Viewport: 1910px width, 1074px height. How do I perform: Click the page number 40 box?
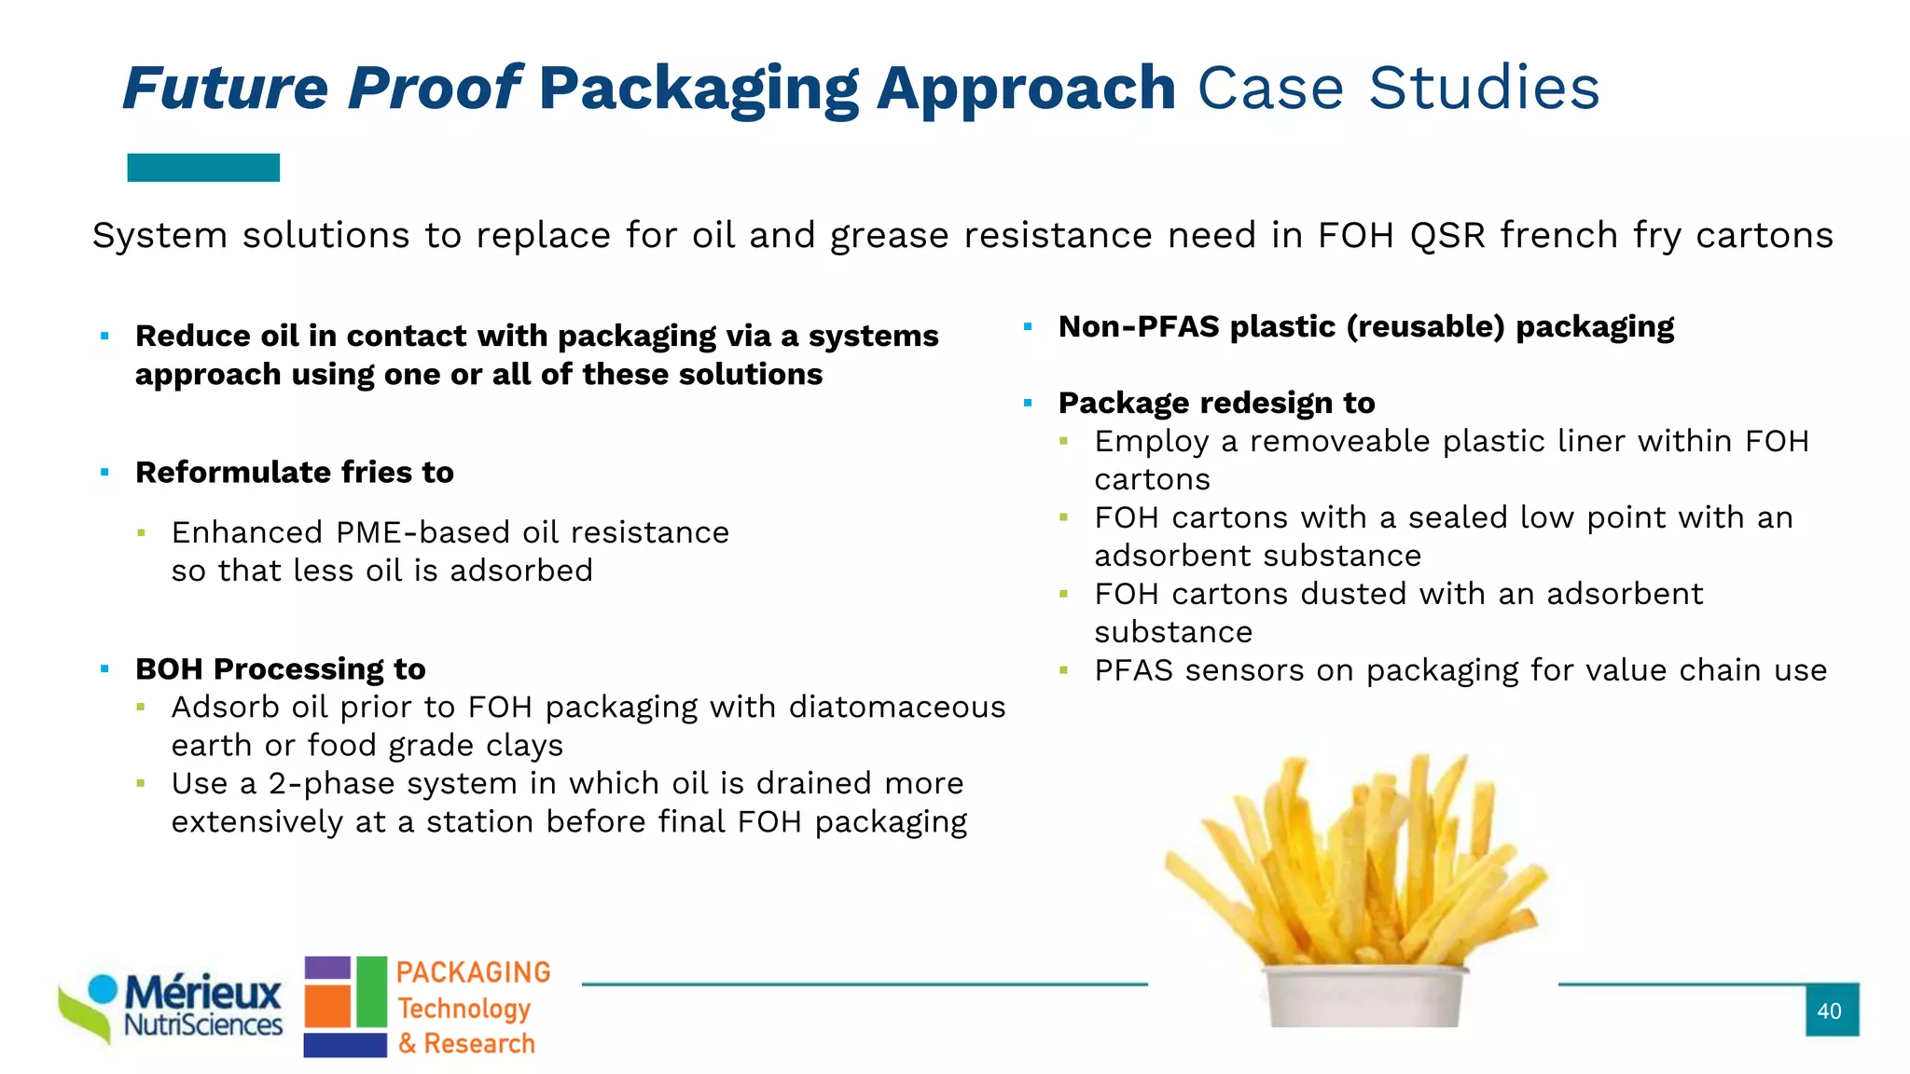(1831, 1010)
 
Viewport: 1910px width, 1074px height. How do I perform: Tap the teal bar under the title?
(203, 168)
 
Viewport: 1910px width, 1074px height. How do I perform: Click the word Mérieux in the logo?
(202, 993)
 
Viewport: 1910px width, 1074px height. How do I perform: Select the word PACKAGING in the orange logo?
(473, 972)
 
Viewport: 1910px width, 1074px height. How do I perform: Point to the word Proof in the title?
(434, 89)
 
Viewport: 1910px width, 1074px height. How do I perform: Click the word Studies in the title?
(1484, 89)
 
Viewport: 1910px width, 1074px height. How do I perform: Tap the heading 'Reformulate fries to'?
(295, 473)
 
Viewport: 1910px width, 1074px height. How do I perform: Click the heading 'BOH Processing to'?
(281, 669)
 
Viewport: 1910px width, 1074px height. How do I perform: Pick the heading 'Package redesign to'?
(1216, 403)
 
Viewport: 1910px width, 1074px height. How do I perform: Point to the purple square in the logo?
(326, 967)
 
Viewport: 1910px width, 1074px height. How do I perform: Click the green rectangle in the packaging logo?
(371, 992)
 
